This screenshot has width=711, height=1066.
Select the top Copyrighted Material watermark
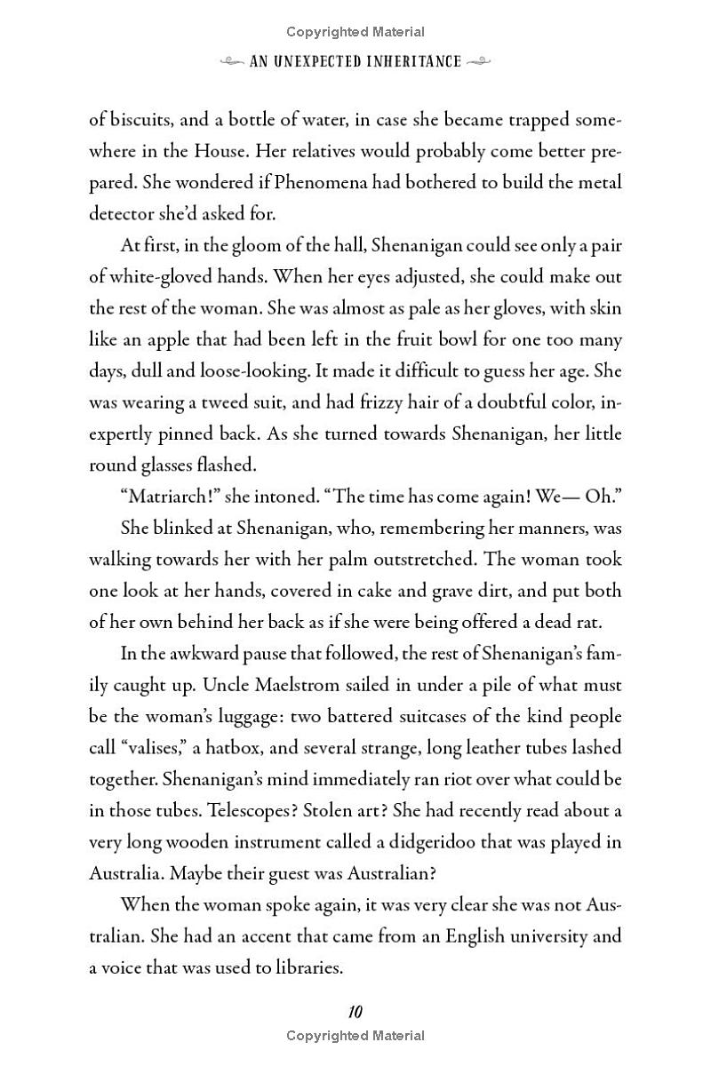pos(355,32)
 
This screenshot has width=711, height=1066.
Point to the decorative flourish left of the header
pos(233,61)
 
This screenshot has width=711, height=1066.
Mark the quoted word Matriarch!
pos(166,497)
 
